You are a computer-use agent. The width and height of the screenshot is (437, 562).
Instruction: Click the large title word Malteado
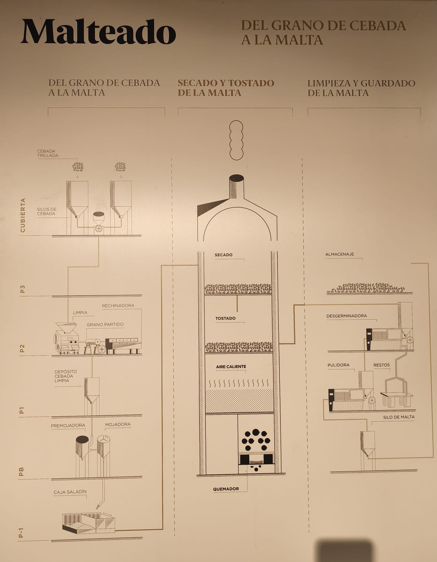click(98, 32)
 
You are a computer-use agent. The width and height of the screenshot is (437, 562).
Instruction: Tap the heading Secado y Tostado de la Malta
click(226, 88)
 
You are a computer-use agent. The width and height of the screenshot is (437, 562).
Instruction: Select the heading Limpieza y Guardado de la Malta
click(361, 88)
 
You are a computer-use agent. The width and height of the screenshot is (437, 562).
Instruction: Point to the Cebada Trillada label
click(48, 153)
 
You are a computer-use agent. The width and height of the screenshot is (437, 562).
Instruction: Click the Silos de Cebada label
click(47, 211)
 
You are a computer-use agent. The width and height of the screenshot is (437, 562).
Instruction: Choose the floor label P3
click(22, 289)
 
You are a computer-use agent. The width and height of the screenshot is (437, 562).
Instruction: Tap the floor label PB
click(22, 472)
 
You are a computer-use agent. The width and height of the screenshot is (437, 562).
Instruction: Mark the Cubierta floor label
click(22, 215)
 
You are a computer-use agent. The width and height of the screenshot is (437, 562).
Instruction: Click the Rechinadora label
click(118, 305)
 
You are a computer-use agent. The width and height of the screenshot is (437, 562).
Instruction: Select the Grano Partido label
click(105, 325)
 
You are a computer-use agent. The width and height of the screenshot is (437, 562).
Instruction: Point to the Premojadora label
click(68, 426)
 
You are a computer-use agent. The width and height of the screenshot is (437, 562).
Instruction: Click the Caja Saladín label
click(70, 492)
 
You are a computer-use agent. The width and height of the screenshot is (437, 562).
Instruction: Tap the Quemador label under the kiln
click(226, 489)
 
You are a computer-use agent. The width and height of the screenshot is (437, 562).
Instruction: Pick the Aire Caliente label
click(231, 367)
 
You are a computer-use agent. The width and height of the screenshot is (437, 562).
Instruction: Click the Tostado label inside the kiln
click(225, 318)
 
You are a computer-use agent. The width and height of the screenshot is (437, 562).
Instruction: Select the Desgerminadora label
click(347, 316)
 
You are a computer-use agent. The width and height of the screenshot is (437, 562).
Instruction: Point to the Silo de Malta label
click(399, 417)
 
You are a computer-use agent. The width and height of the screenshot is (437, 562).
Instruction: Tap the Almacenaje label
click(340, 254)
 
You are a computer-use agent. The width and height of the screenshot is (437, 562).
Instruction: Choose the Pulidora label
click(338, 365)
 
